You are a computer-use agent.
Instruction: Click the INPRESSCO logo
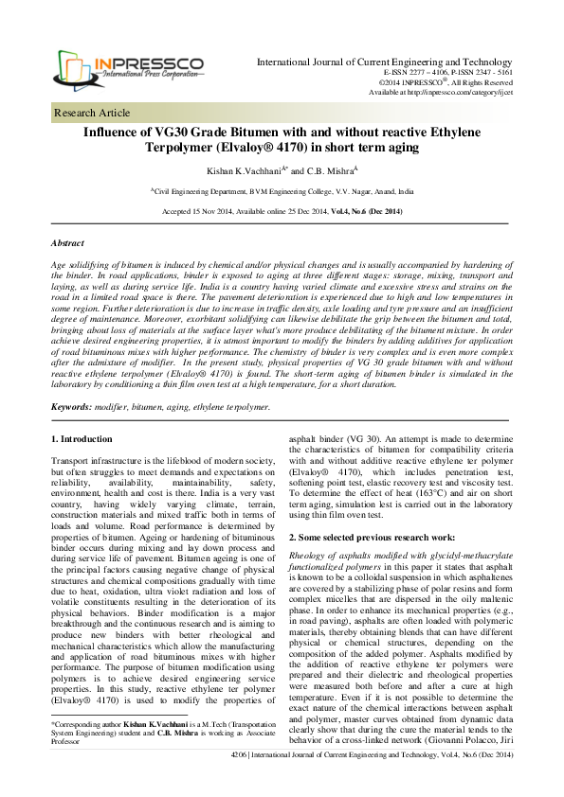click(128, 62)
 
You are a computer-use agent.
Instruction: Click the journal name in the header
click(385, 62)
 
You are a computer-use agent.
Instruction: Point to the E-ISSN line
click(447, 72)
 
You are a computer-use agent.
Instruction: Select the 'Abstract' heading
click(67, 243)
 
